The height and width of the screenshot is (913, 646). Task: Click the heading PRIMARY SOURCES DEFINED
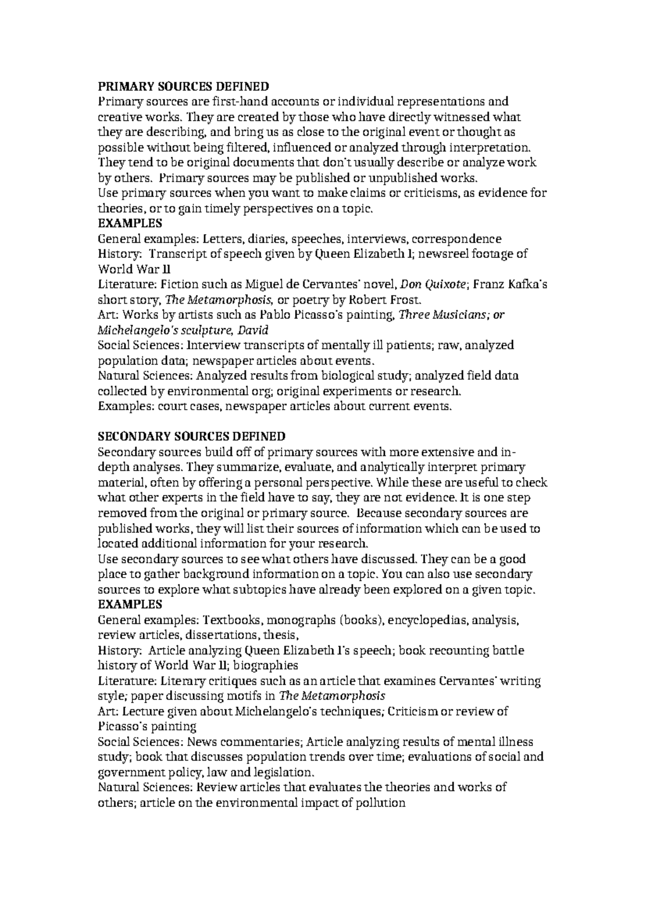[182, 86]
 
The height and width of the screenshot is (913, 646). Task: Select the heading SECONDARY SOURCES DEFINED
[192, 436]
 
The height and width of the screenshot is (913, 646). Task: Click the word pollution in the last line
[380, 803]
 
